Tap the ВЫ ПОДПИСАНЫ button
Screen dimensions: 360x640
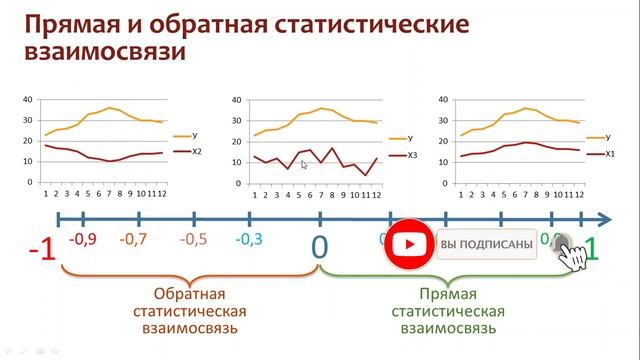486,245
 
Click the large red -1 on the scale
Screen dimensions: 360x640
41,248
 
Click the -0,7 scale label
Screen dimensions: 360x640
132,240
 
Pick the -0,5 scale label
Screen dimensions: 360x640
193,240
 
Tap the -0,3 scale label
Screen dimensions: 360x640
249,240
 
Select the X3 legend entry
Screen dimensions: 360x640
398,156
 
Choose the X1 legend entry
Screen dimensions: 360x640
608,155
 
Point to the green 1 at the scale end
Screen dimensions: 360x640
592,247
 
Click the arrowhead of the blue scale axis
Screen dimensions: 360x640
605,217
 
